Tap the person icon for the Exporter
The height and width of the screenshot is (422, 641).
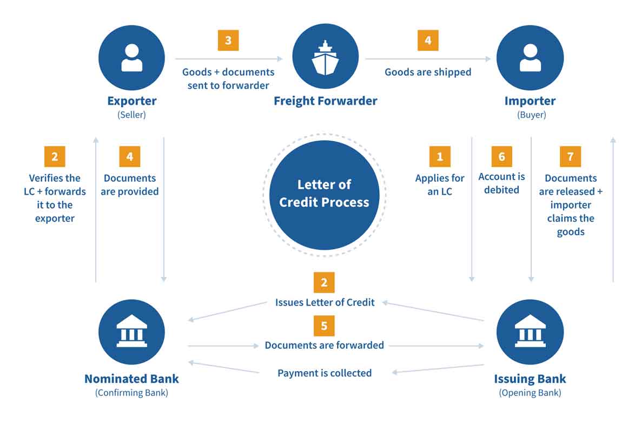pos(131,57)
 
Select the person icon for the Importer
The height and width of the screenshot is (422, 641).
pos(530,57)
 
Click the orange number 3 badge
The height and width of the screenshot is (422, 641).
pos(228,41)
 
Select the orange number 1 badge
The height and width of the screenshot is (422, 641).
pos(440,156)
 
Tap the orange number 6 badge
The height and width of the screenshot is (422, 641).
pos(501,156)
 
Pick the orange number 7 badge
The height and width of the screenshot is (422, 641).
pos(570,156)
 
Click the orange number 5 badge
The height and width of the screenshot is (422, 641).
pos(324,326)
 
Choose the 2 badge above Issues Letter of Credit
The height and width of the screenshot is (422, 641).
pos(324,282)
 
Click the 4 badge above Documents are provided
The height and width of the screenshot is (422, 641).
pos(130,156)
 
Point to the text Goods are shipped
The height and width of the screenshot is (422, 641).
pos(428,72)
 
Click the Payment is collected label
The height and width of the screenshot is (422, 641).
pos(325,373)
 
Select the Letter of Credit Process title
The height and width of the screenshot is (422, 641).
pos(325,194)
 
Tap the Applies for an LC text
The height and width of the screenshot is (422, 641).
pos(440,184)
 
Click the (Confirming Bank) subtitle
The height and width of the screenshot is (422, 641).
pos(131,393)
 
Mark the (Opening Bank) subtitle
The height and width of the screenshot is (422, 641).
pos(530,393)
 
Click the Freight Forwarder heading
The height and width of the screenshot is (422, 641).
pos(325,101)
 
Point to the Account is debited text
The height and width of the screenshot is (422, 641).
pos(501,183)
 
